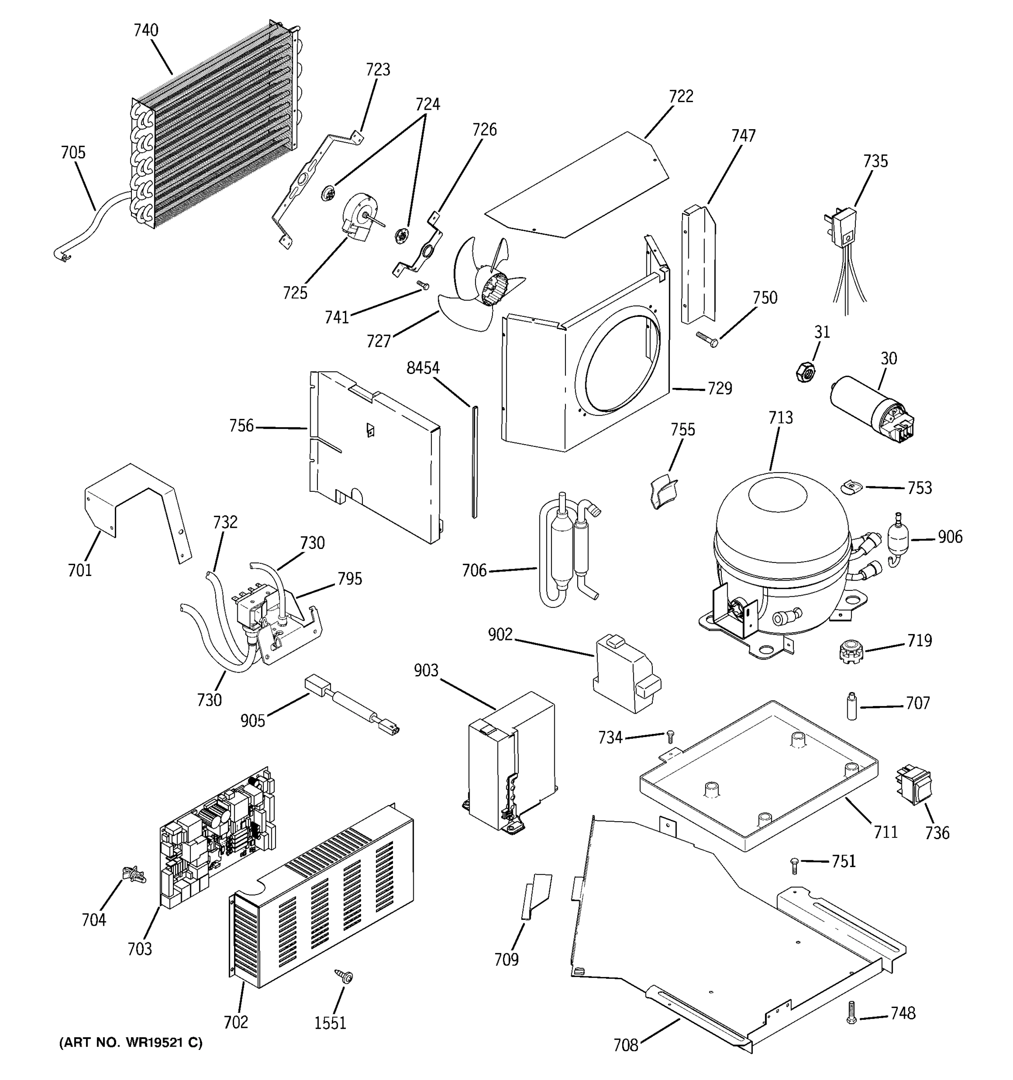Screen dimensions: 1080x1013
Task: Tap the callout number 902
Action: [500, 634]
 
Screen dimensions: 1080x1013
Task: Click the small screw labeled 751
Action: [795, 865]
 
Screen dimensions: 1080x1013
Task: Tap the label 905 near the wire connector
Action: [253, 721]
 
